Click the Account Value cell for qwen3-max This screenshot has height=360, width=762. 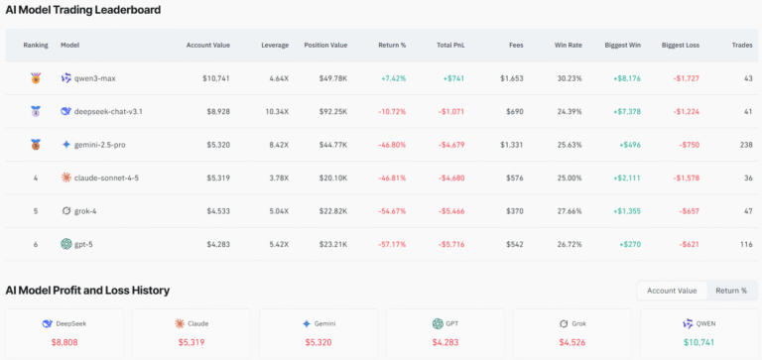click(x=216, y=78)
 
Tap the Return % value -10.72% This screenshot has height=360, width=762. click(x=392, y=111)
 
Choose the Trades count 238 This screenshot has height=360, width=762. click(x=742, y=145)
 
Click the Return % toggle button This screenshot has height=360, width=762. click(x=730, y=291)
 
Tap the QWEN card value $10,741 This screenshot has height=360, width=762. click(x=698, y=342)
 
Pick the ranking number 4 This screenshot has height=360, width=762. click(x=35, y=178)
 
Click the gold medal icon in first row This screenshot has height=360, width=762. click(x=36, y=78)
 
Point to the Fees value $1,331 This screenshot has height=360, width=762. click(x=511, y=145)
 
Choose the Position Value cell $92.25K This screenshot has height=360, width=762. click(x=327, y=111)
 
